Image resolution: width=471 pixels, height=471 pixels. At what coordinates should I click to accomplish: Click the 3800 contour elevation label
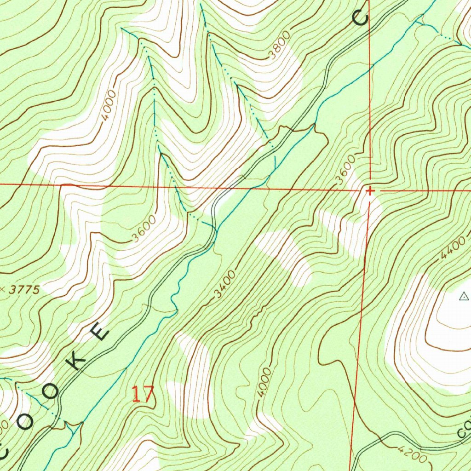tap(280, 46)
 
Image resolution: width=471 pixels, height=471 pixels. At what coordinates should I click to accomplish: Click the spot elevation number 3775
tap(23, 290)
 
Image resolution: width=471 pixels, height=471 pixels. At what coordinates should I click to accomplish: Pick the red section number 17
tap(143, 395)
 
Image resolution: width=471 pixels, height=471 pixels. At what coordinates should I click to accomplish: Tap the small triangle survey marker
tap(464, 297)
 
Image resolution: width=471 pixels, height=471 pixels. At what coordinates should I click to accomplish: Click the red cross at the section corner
tap(369, 190)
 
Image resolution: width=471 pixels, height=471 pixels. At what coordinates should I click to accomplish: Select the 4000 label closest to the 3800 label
tap(109, 105)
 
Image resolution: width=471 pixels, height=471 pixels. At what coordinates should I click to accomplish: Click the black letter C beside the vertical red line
tap(361, 17)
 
